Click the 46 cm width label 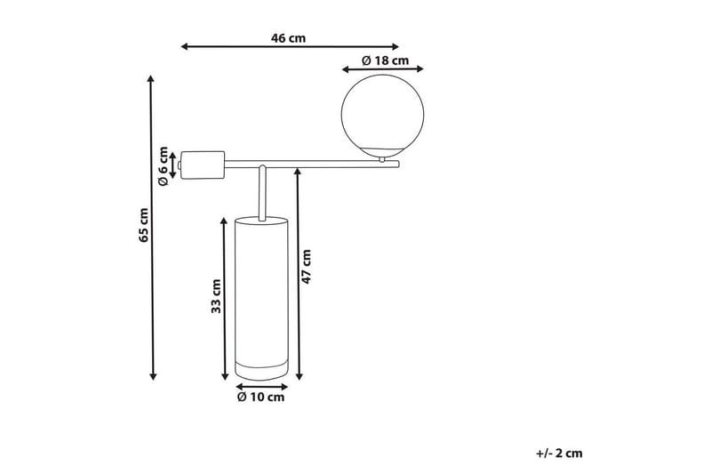pyautogui.click(x=289, y=38)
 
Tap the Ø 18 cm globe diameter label pyautogui.click(x=385, y=60)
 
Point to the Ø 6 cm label pyautogui.click(x=163, y=165)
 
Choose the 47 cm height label pyautogui.click(x=308, y=265)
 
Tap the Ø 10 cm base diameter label pyautogui.click(x=260, y=398)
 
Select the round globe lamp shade pyautogui.click(x=385, y=113)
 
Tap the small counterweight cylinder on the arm pyautogui.click(x=202, y=164)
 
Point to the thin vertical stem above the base pyautogui.click(x=262, y=190)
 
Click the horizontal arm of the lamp pyautogui.click(x=311, y=164)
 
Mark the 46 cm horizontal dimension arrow pyautogui.click(x=290, y=47)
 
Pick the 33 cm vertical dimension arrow pyautogui.click(x=224, y=297)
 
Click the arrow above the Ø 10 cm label pyautogui.click(x=261, y=387)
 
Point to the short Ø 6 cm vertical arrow pyautogui.click(x=173, y=164)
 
